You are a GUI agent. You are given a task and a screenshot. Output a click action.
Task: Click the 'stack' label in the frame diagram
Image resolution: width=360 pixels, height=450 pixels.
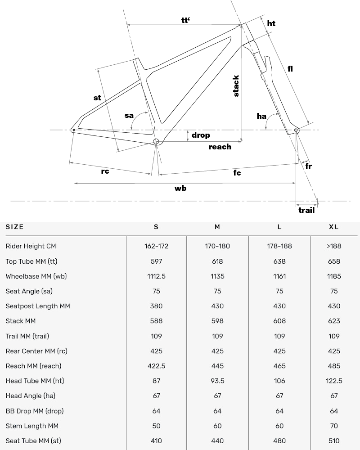tap(236, 86)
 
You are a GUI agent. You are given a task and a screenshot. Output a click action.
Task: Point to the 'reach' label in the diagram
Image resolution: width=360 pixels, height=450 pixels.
tap(220, 147)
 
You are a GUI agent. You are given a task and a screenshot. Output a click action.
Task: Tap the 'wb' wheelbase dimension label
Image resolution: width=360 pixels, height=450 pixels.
tap(180, 188)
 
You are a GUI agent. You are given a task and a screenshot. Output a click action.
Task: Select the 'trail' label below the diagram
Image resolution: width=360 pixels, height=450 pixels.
tap(306, 210)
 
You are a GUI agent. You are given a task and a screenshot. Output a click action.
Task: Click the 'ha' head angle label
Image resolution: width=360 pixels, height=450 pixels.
tap(261, 116)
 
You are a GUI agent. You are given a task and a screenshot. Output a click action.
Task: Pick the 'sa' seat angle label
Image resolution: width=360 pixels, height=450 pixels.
tap(129, 115)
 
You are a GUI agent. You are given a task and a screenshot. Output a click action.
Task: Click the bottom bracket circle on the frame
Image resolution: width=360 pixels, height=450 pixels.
tap(156, 142)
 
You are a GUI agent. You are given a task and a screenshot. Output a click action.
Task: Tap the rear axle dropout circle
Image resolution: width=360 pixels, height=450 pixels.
tap(73, 130)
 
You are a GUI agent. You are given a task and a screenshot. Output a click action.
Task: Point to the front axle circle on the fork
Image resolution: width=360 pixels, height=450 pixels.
tap(296, 130)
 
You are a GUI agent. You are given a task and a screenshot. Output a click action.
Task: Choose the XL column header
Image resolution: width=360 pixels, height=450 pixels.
tap(333, 227)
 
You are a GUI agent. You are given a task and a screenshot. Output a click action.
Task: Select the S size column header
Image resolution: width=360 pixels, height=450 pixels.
tap(156, 227)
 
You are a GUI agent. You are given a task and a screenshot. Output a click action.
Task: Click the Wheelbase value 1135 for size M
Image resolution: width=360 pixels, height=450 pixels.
tap(217, 276)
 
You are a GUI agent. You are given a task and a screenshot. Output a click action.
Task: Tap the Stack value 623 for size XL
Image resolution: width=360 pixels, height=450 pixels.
tap(334, 321)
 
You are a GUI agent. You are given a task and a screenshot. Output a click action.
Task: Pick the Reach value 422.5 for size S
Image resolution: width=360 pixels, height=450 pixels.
tap(156, 366)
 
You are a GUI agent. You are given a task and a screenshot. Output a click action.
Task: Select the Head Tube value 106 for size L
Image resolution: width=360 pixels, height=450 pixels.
tap(279, 381)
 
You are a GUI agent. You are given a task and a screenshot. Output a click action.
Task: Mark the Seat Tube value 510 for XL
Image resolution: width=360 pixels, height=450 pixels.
tap(334, 441)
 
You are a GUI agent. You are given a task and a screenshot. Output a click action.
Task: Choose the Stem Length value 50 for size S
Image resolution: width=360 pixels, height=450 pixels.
tap(156, 426)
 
